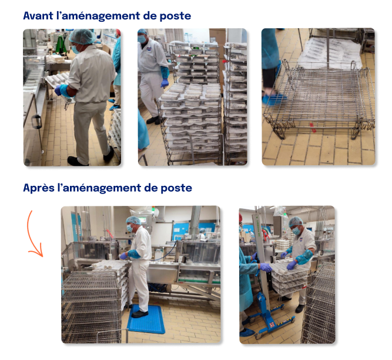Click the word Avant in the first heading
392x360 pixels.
pyautogui.click(x=38, y=15)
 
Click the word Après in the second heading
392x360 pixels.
pyautogui.click(x=39, y=188)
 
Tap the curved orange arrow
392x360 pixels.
pyautogui.click(x=33, y=235)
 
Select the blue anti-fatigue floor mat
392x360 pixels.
pyautogui.click(x=146, y=319)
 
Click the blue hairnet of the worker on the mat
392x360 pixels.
pyautogui.click(x=133, y=220)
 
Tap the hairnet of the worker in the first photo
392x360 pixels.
pyautogui.click(x=82, y=37)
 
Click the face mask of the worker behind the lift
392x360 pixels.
pyautogui.click(x=296, y=231)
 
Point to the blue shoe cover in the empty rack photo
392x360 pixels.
pyautogui.click(x=274, y=99)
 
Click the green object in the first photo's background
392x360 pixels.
pyautogui.click(x=61, y=45)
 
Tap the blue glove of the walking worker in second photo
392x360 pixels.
pyautogui.click(x=164, y=83)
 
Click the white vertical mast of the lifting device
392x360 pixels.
pyautogui.click(x=260, y=253)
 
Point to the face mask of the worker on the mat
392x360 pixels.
pyautogui.click(x=129, y=228)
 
